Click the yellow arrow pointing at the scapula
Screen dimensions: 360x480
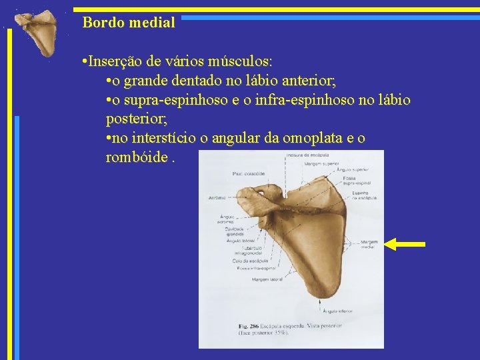(x=405, y=244)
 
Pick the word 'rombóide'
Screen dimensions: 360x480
(x=134, y=158)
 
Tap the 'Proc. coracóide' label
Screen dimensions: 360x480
(x=249, y=173)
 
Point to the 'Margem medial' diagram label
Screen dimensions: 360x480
(x=368, y=244)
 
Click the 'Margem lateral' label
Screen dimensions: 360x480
(x=266, y=280)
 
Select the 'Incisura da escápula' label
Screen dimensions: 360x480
(x=305, y=155)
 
